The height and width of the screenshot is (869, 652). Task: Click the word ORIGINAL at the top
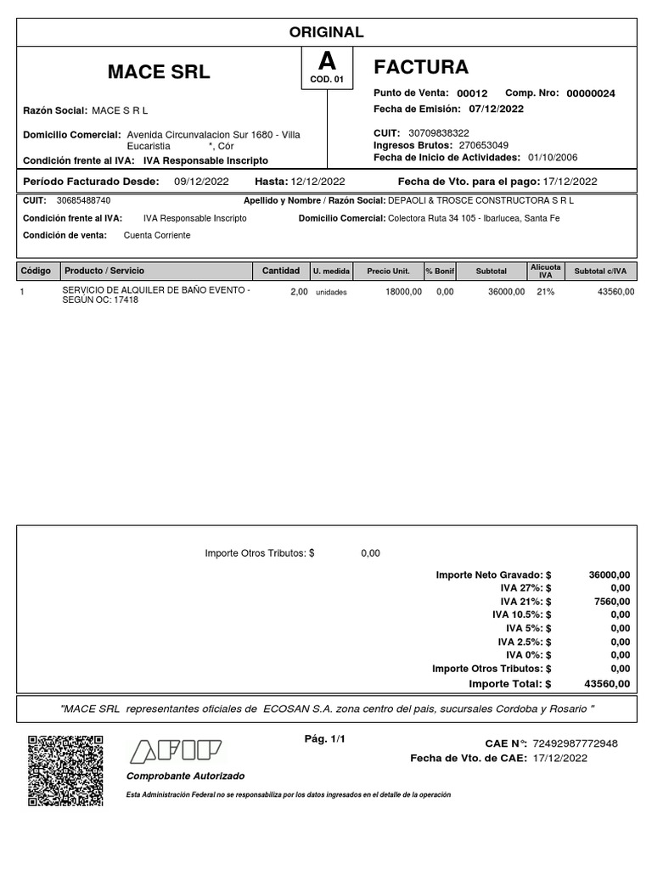pyautogui.click(x=326, y=32)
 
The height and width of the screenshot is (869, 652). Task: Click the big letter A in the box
pyautogui.click(x=326, y=62)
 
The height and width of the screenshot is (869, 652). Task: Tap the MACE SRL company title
pyautogui.click(x=159, y=72)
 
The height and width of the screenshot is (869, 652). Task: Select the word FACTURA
pyautogui.click(x=421, y=67)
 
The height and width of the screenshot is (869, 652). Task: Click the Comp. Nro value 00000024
pyautogui.click(x=590, y=93)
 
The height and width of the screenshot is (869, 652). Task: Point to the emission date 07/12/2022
pyautogui.click(x=496, y=109)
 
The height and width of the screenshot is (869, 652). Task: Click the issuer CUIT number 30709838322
pyautogui.click(x=438, y=133)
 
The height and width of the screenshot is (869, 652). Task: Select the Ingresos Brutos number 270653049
pyautogui.click(x=483, y=145)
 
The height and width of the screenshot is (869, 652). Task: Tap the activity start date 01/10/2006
pyautogui.click(x=553, y=157)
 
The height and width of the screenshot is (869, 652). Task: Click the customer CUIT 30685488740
pyautogui.click(x=83, y=200)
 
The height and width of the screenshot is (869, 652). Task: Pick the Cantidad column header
pyautogui.click(x=280, y=271)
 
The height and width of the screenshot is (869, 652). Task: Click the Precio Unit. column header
pyautogui.click(x=388, y=272)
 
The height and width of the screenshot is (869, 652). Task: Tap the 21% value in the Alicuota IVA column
pyautogui.click(x=545, y=292)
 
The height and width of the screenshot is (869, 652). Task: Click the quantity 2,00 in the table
pyautogui.click(x=299, y=292)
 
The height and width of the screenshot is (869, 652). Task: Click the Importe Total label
pyautogui.click(x=509, y=683)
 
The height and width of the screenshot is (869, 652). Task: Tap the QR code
pyautogui.click(x=65, y=771)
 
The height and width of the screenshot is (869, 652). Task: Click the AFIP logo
pyautogui.click(x=175, y=752)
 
